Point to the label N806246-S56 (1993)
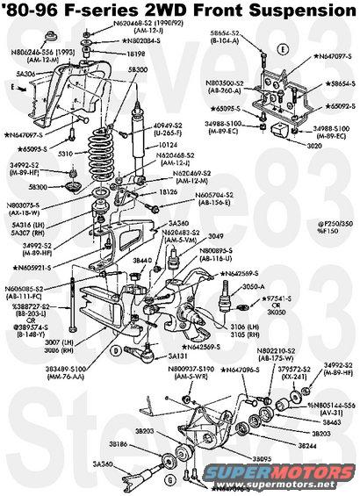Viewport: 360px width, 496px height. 32,54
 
